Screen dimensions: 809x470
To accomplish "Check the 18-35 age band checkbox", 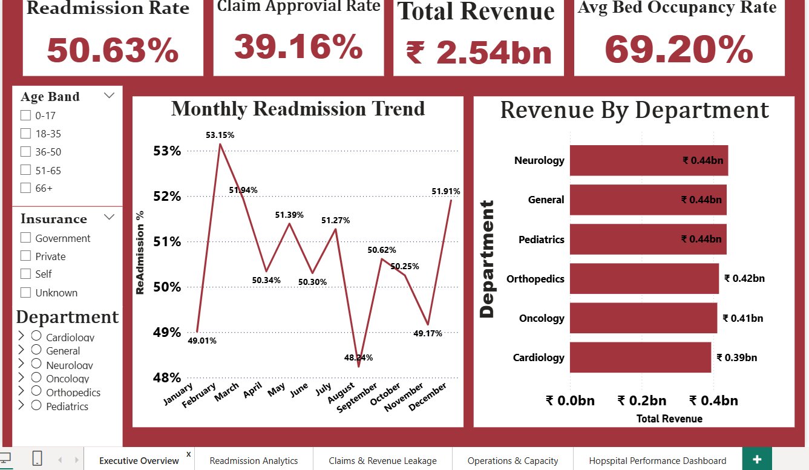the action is [25, 134].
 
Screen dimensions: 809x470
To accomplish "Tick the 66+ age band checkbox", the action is [25, 188].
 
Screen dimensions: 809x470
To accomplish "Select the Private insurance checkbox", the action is [25, 256].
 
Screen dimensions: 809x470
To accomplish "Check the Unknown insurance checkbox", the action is [25, 292].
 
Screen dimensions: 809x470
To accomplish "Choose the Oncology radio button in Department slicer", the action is [36, 377].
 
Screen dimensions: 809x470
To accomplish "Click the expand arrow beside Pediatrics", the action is [21, 405].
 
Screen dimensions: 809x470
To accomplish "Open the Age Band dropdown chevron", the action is [109, 96].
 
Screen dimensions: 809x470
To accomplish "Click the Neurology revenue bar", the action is [649, 161].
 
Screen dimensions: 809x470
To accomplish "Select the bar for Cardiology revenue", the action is [640, 357].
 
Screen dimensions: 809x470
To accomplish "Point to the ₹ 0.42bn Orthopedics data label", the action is [744, 278].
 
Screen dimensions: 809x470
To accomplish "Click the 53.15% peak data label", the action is [220, 135].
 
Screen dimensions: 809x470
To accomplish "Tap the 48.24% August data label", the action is [358, 357].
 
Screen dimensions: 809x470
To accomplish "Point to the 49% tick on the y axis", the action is [167, 332].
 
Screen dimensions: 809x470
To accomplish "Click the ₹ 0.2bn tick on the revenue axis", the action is [642, 400].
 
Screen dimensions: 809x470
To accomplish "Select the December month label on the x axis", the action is [428, 397].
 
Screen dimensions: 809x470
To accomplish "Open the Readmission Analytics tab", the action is [254, 460].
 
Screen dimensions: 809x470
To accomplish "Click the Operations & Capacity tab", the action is [513, 460].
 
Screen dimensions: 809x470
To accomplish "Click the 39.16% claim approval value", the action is [298, 47].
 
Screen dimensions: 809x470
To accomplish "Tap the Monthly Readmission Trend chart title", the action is [298, 109].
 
